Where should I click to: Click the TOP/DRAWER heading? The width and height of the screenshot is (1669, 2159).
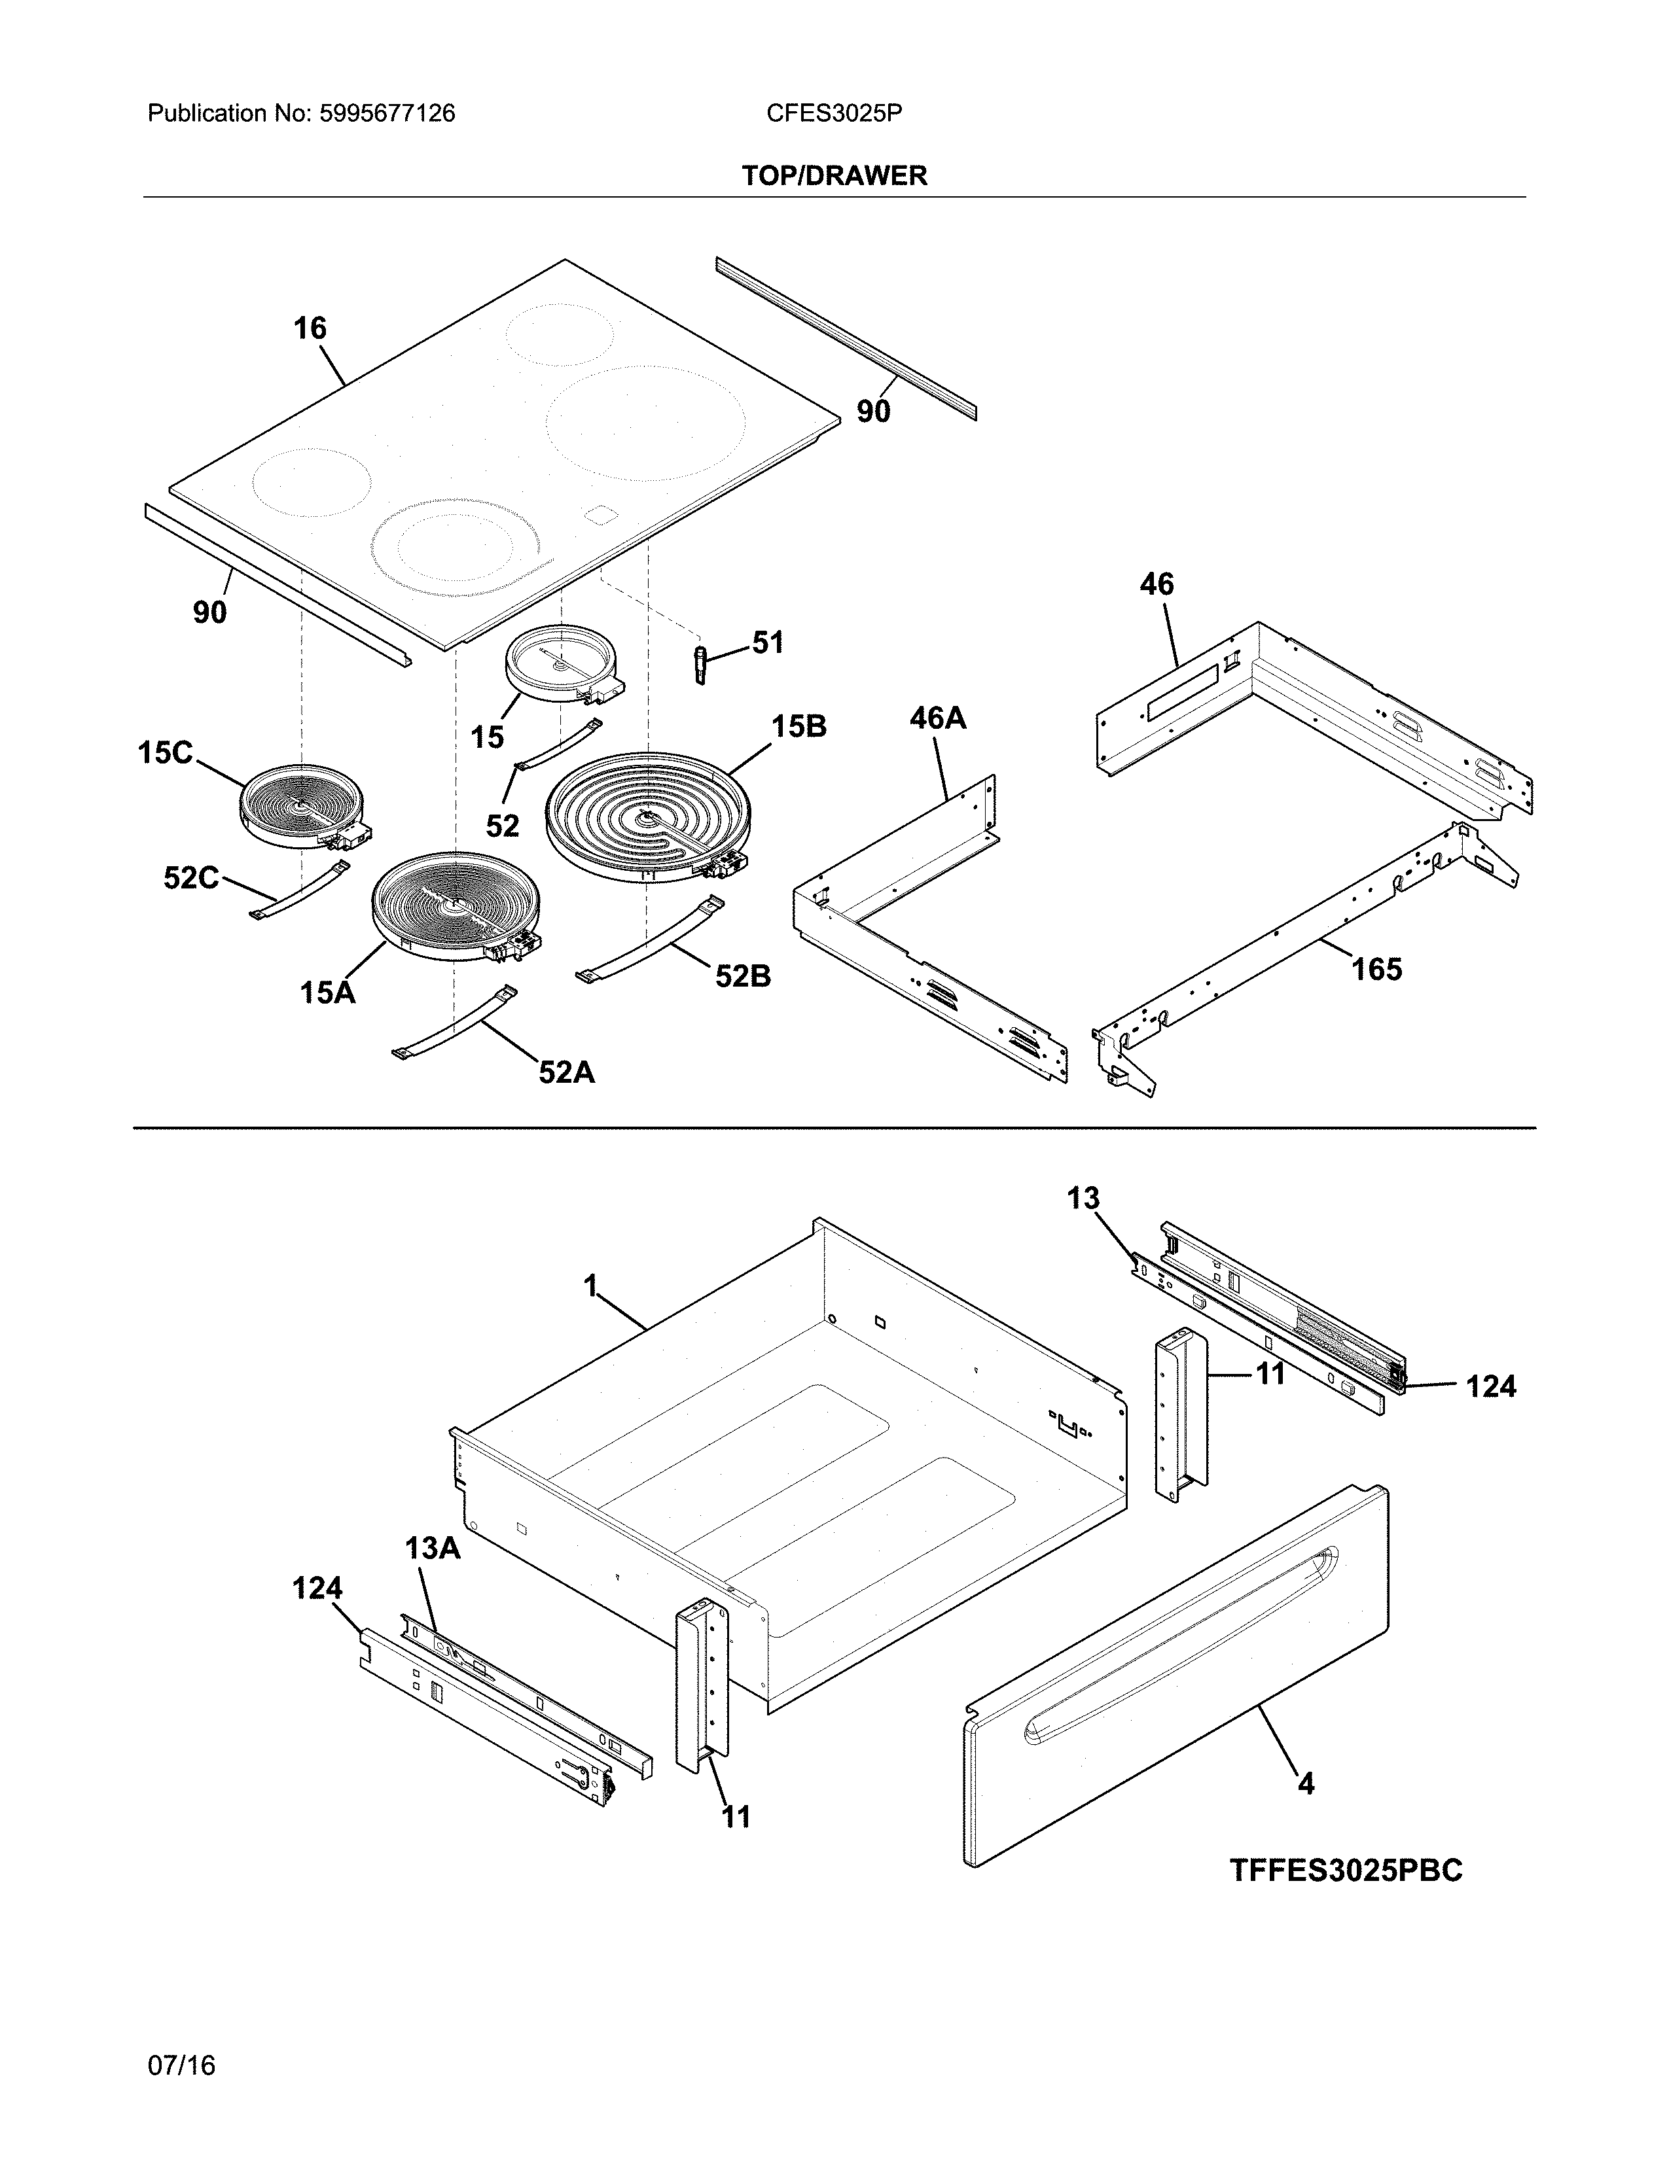[833, 176]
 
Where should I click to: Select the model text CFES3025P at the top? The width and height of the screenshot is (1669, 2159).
[833, 114]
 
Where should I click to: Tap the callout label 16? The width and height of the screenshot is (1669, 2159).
[310, 328]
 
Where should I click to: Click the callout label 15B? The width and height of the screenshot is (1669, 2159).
[798, 727]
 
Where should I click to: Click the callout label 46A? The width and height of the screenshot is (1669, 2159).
[937, 718]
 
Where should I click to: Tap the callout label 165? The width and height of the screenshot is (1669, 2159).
[1376, 969]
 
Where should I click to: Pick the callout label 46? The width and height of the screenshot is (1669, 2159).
[1156, 584]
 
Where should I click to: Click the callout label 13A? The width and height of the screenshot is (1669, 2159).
[432, 1548]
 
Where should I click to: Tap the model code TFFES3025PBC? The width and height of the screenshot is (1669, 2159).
[1346, 1871]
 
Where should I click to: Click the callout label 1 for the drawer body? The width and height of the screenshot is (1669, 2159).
[590, 1286]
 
